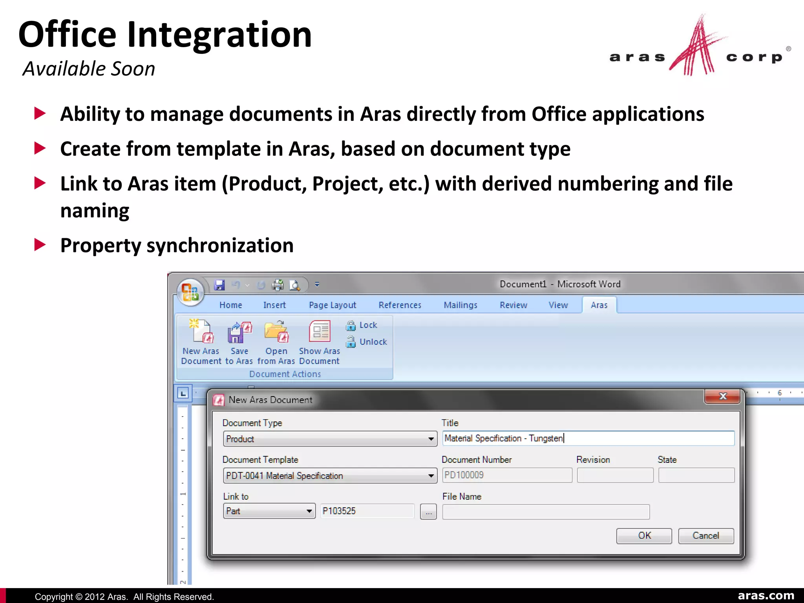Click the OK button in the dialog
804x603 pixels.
tap(644, 536)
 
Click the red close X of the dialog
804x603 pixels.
tap(722, 397)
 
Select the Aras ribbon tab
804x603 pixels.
tap(599, 305)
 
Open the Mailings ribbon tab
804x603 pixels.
tap(460, 305)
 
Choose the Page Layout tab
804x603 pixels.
tap(332, 305)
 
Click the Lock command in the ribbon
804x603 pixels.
tap(363, 325)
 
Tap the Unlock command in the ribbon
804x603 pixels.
tap(367, 342)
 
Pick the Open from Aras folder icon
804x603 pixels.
tap(276, 332)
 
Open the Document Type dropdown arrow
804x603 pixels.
tap(431, 439)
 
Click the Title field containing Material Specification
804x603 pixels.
tap(588, 438)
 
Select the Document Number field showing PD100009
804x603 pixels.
tap(507, 475)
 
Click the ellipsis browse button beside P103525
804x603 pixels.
tap(428, 512)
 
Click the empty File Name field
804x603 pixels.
tap(546, 512)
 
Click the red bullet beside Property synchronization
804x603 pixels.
tap(40, 245)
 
